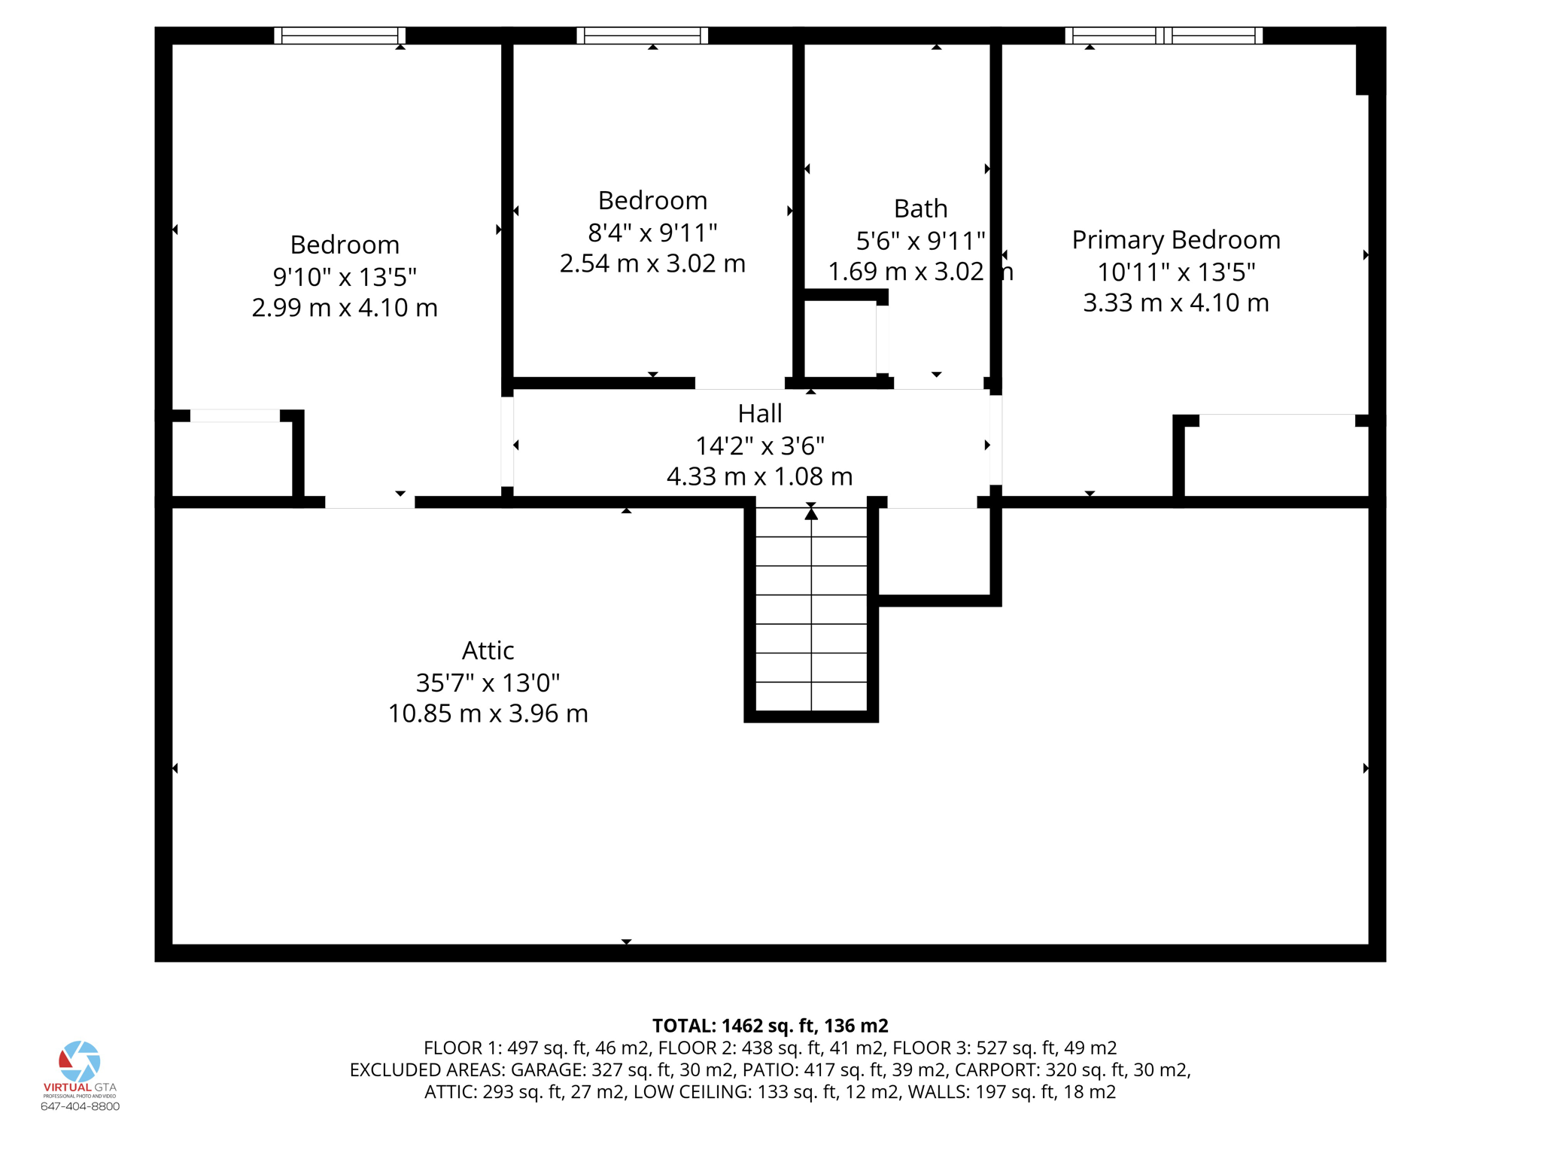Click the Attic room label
click(488, 650)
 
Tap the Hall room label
click(759, 413)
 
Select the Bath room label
click(920, 208)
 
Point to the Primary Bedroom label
click(1175, 239)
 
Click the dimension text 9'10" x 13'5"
click(345, 276)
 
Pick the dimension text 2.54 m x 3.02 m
click(652, 263)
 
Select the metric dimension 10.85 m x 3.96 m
click(488, 713)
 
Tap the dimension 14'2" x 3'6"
click(759, 446)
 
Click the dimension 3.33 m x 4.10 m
click(1175, 303)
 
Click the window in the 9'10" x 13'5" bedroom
click(339, 35)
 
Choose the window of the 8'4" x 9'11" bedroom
click(643, 35)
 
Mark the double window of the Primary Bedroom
click(1164, 35)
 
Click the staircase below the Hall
click(811, 609)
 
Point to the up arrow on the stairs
click(811, 513)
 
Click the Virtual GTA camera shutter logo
click(80, 1061)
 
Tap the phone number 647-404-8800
click(80, 1106)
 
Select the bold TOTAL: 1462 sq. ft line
click(770, 1026)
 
